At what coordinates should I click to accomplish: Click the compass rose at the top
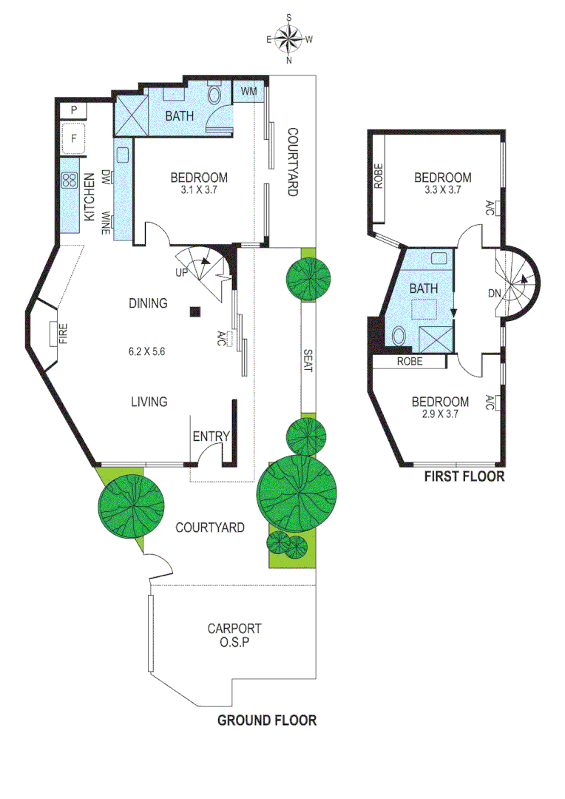pyautogui.click(x=289, y=38)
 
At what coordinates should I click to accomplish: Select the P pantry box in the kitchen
pyautogui.click(x=74, y=110)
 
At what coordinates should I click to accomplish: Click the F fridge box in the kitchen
pyautogui.click(x=74, y=138)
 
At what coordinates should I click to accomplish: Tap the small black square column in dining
pyautogui.click(x=194, y=311)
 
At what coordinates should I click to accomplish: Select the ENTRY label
pyautogui.click(x=211, y=436)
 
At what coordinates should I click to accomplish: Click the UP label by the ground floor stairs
pyautogui.click(x=180, y=272)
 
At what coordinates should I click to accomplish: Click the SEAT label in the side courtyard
pyautogui.click(x=307, y=360)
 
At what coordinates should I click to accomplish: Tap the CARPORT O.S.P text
pyautogui.click(x=234, y=636)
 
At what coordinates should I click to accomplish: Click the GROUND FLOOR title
pyautogui.click(x=266, y=720)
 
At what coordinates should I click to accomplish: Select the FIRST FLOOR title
pyautogui.click(x=464, y=476)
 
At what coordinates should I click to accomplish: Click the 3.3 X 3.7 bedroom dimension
pyautogui.click(x=442, y=190)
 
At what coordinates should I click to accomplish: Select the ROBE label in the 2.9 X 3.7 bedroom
pyautogui.click(x=410, y=362)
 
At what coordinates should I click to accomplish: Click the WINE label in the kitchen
pyautogui.click(x=106, y=222)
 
